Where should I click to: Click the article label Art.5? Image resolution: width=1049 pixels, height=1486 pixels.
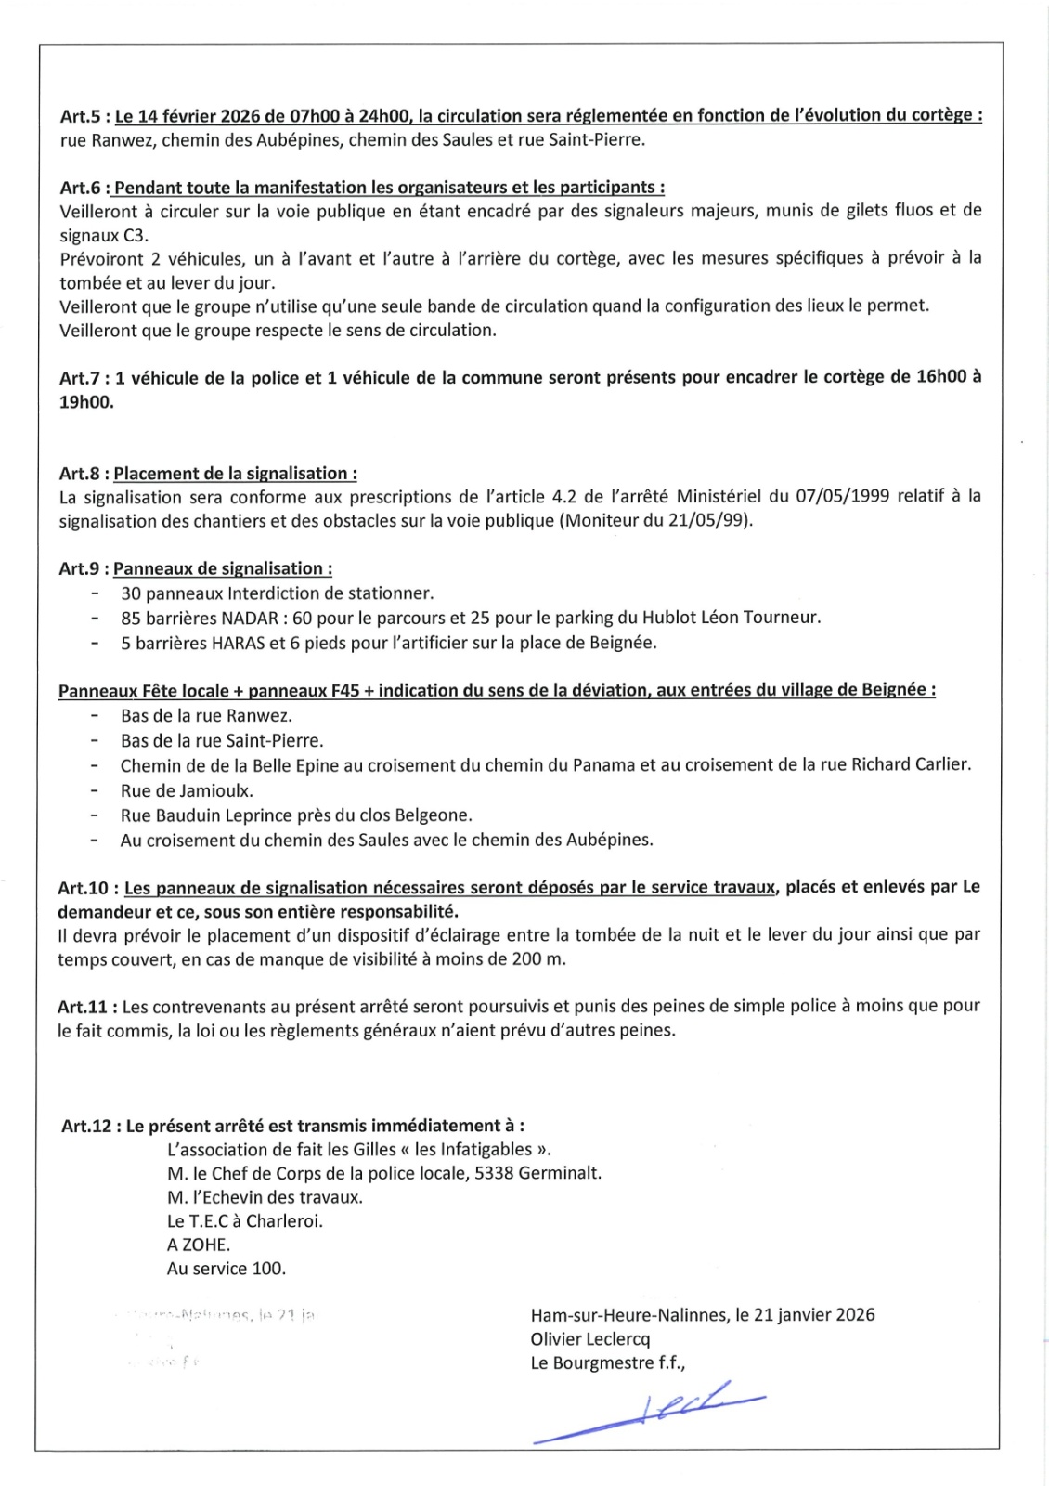pyautogui.click(x=81, y=116)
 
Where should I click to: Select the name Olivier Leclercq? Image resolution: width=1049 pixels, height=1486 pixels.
pyautogui.click(x=590, y=1339)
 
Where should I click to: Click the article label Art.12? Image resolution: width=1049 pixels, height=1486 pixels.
pyautogui.click(x=88, y=1126)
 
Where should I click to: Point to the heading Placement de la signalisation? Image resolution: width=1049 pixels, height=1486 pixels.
pyautogui.click(x=235, y=474)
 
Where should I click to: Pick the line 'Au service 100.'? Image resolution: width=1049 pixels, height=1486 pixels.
pyautogui.click(x=227, y=1269)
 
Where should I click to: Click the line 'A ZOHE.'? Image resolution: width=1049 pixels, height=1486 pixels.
pyautogui.click(x=199, y=1245)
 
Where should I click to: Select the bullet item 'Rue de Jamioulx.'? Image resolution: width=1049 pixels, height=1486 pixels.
pyautogui.click(x=187, y=791)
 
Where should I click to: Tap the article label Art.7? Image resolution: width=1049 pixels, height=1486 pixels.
pyautogui.click(x=81, y=378)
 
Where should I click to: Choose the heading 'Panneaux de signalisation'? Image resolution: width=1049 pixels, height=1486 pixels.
pyautogui.click(x=222, y=568)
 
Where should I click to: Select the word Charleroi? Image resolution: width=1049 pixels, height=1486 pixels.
pyautogui.click(x=284, y=1221)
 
